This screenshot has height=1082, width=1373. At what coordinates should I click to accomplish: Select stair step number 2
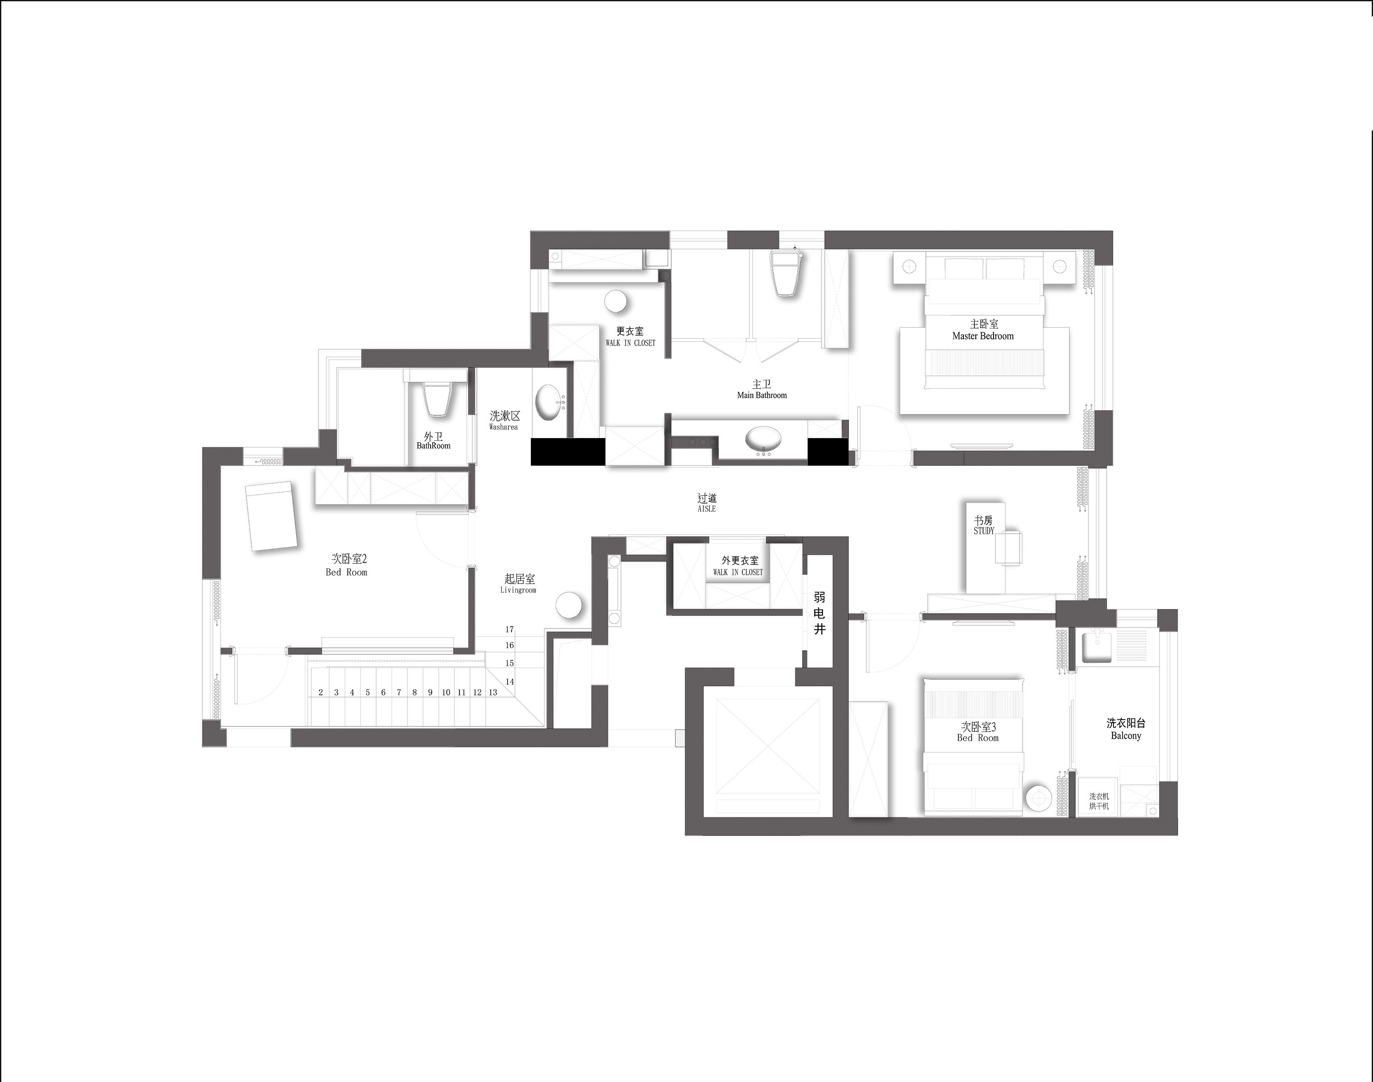pyautogui.click(x=321, y=692)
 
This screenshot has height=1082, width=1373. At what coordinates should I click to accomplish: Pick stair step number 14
pyautogui.click(x=510, y=682)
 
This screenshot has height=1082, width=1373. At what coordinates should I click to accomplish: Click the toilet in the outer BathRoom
pyautogui.click(x=437, y=399)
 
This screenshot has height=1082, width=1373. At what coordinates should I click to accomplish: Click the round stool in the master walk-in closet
pyautogui.click(x=616, y=302)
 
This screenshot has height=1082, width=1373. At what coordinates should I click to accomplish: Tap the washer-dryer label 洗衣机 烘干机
pyautogui.click(x=1099, y=801)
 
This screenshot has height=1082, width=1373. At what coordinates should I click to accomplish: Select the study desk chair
pyautogui.click(x=1008, y=548)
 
